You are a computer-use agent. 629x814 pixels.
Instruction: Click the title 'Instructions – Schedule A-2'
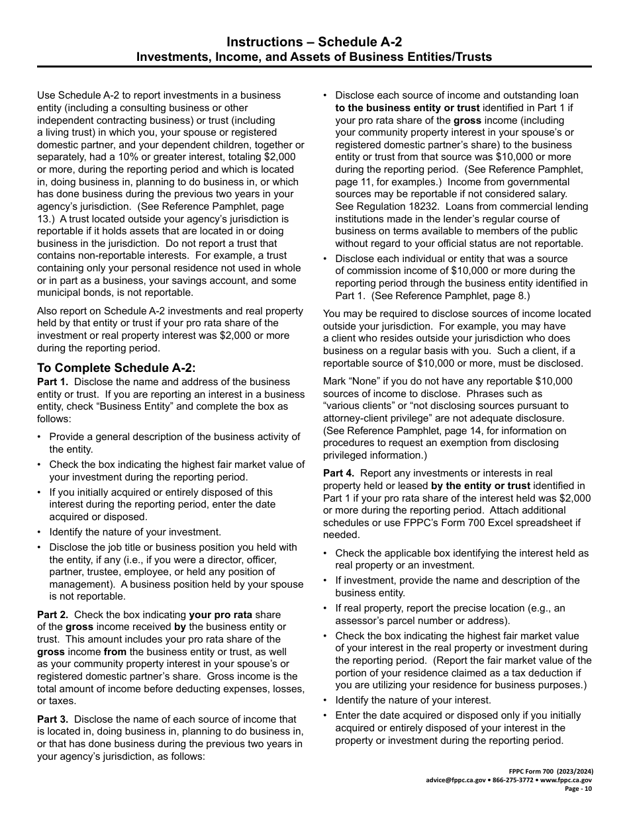pyautogui.click(x=314, y=42)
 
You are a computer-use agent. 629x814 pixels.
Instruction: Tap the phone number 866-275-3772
pyautogui.click(x=512, y=780)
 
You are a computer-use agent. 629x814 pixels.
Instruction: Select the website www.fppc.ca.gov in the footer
pyautogui.click(x=566, y=780)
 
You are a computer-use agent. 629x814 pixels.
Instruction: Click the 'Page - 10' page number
pyautogui.click(x=578, y=789)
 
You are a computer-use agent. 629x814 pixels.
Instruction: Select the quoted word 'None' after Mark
pyautogui.click(x=363, y=381)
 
